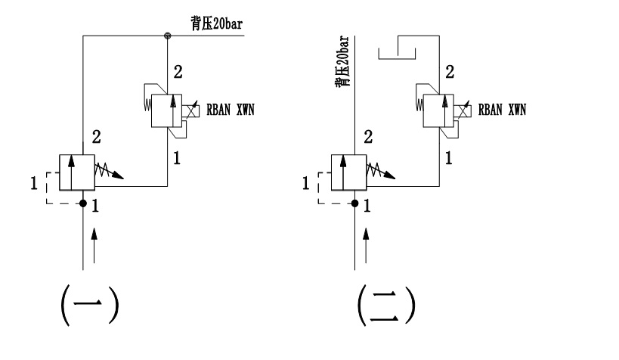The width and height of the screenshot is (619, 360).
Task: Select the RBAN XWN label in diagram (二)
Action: [500, 109]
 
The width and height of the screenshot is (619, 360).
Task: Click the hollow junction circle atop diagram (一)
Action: [167, 35]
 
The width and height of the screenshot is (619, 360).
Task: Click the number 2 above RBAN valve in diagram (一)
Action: [177, 73]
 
